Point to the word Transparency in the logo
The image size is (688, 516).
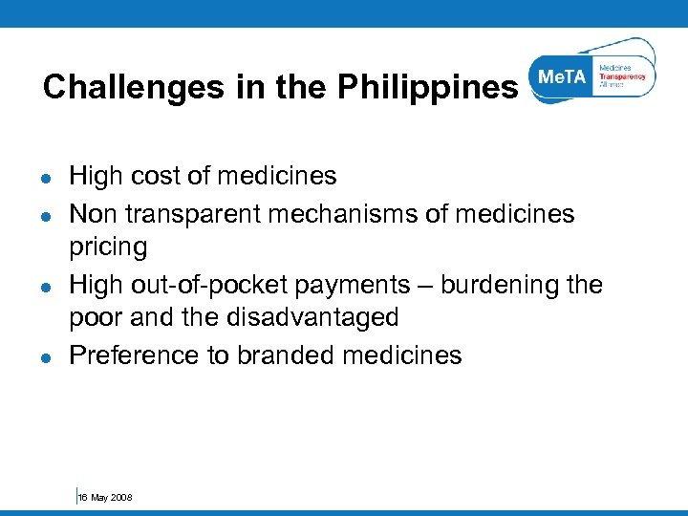click(622, 76)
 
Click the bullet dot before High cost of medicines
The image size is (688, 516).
click(46, 177)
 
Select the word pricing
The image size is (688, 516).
click(108, 247)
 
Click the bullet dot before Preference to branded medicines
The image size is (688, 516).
click(46, 356)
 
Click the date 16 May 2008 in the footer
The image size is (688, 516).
click(105, 498)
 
